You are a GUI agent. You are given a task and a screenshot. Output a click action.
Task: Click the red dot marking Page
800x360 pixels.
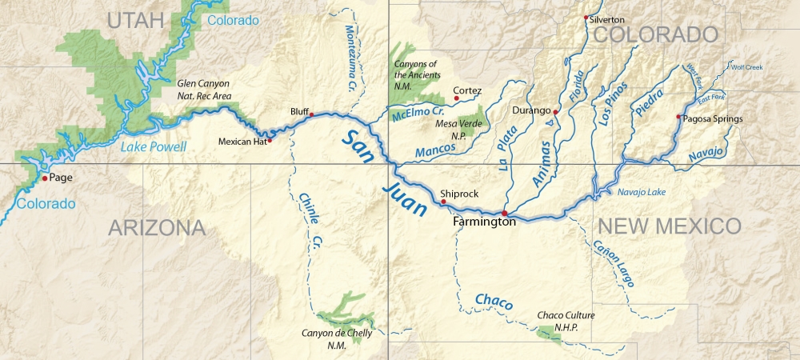point(45,178)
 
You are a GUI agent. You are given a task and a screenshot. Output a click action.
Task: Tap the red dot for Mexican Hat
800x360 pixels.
point(270,141)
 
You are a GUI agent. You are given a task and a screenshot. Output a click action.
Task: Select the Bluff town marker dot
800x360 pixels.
point(311,114)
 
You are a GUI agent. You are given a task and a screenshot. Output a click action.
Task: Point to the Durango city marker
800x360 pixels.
point(555,111)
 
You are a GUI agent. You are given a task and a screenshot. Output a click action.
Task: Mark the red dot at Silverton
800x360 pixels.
point(586,18)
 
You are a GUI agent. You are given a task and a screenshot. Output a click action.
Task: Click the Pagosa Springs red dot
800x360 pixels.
point(678,118)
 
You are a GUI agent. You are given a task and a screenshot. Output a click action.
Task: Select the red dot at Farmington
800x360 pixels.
point(505,213)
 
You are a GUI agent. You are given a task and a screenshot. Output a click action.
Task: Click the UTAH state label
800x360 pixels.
point(142,20)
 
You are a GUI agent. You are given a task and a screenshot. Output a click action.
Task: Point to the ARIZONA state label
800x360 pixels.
point(157,228)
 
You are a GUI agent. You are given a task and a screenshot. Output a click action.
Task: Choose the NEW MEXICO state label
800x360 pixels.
point(670,226)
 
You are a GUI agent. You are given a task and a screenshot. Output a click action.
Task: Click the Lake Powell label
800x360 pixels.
point(154,146)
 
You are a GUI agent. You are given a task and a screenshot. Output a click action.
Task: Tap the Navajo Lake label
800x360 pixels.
point(642,192)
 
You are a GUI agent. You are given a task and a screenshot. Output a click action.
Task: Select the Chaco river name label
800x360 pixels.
point(494,300)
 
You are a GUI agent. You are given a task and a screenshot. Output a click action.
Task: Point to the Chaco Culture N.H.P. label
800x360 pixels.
point(558,320)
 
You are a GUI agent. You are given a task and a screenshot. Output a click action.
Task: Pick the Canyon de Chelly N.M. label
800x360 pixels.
point(337,338)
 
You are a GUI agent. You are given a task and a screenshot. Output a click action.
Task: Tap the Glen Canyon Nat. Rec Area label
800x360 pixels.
point(204,89)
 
